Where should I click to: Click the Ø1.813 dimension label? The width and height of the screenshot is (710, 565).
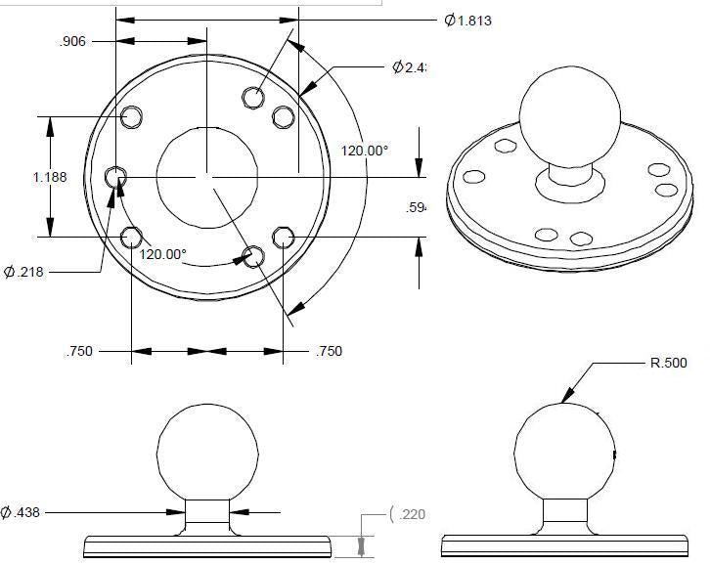pyautogui.click(x=467, y=21)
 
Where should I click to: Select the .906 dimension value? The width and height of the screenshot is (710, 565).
pyautogui.click(x=75, y=41)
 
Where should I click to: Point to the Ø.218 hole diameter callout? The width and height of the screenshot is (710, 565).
pyautogui.click(x=24, y=272)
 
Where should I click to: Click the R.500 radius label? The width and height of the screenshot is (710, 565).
pyautogui.click(x=669, y=363)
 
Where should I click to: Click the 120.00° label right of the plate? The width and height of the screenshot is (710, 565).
pyautogui.click(x=365, y=151)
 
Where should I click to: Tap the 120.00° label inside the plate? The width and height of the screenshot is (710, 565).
pyautogui.click(x=162, y=254)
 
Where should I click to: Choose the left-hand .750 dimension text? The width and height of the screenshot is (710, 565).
pyautogui.click(x=79, y=351)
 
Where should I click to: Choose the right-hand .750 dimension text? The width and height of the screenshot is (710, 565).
pyautogui.click(x=329, y=351)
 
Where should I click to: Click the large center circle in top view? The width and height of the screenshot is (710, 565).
pyautogui.click(x=205, y=174)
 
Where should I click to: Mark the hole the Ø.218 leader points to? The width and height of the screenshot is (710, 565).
pyautogui.click(x=117, y=177)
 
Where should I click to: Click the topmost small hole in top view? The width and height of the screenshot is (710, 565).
pyautogui.click(x=253, y=97)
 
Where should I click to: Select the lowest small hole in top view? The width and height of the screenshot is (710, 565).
pyautogui.click(x=253, y=257)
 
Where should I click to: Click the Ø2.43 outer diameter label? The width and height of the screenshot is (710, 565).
pyautogui.click(x=411, y=67)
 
